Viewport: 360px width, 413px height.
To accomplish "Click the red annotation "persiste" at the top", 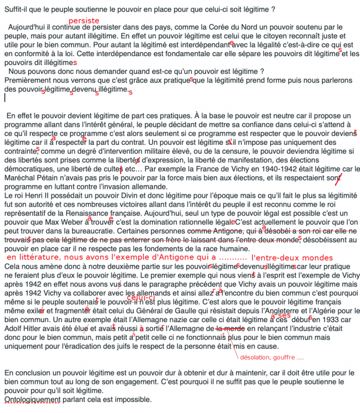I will point(84,20).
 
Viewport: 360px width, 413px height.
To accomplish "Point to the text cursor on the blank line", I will point(4,97).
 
